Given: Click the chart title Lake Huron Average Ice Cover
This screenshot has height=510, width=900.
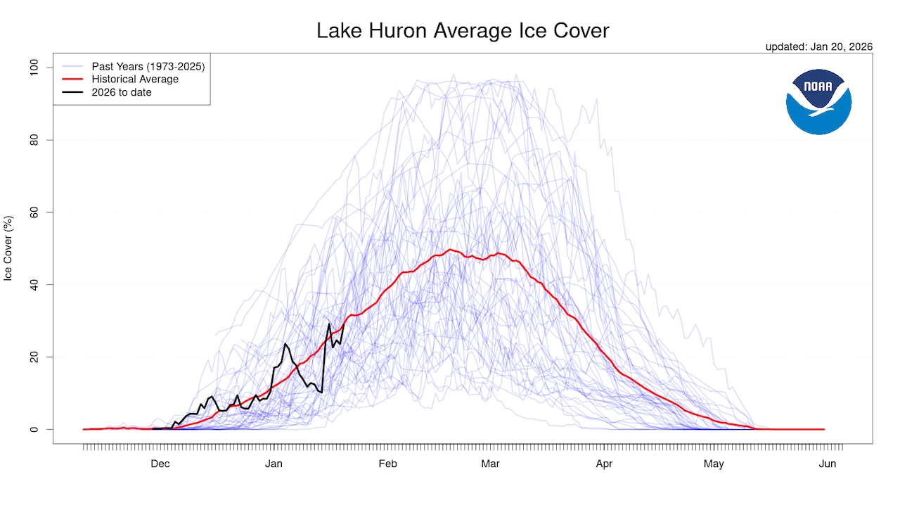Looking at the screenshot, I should coord(462,31).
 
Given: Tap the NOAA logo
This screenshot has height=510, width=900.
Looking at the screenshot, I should coord(818,102).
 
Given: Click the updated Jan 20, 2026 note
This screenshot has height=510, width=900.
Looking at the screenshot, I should coord(818,46).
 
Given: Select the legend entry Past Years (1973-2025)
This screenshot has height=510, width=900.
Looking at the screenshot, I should coord(148,66).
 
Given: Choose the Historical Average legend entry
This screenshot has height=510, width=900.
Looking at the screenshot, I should coord(135,79).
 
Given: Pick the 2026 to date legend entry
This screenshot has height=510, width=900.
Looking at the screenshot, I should coord(121,92).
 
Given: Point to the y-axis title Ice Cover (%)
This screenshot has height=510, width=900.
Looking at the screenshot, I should coord(9,248).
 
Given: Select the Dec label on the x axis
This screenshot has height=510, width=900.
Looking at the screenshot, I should coord(160,464).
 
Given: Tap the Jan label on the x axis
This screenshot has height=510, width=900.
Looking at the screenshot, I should coord(274,464).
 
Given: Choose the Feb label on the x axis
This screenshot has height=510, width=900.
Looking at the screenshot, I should coord(387,464).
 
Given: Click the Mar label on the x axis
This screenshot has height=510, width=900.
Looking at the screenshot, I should coord(490,464).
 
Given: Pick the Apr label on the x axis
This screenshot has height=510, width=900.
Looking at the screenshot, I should coord(604,464).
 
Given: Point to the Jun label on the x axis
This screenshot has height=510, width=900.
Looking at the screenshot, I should coord(828,464).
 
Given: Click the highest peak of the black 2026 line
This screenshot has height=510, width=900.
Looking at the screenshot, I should coord(328,324).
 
